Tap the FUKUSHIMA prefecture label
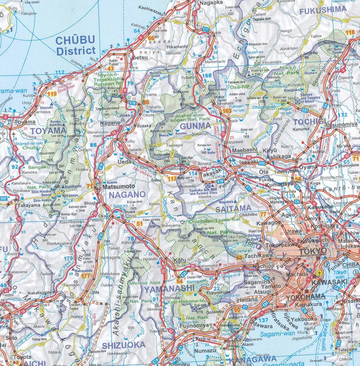[x=323, y=9]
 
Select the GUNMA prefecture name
[x=195, y=126]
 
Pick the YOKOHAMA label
[x=305, y=296]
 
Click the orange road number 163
[x=227, y=111]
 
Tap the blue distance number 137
[x=264, y=320]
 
